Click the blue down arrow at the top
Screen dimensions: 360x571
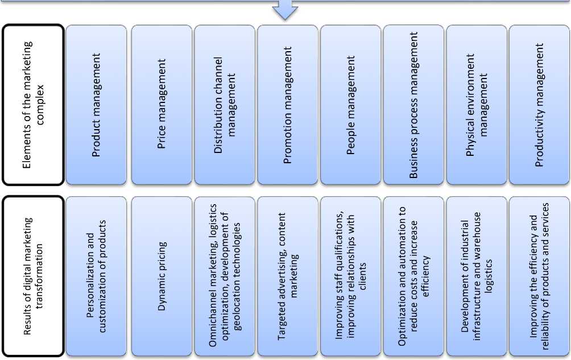point(285,10)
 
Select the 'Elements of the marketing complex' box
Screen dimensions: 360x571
point(32,105)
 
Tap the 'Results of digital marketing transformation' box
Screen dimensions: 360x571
point(32,276)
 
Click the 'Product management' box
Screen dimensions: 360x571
point(96,105)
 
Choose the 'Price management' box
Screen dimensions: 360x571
point(162,105)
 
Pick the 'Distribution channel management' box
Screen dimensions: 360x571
point(224,105)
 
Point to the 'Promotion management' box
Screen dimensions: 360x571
point(287,105)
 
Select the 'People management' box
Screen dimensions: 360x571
point(350,105)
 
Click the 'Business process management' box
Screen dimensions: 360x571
point(413,105)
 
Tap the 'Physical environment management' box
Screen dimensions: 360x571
point(476,105)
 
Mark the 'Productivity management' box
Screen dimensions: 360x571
point(539,105)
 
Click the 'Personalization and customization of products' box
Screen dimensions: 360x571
point(96,276)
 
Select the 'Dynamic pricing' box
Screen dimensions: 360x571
point(162,276)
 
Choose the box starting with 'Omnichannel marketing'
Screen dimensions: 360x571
point(224,276)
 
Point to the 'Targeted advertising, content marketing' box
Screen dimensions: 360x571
point(287,276)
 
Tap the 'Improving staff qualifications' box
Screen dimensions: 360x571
point(350,276)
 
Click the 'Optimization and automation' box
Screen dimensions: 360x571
point(413,276)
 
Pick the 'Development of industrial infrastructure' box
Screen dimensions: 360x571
point(476,276)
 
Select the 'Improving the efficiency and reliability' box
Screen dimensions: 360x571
point(539,276)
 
